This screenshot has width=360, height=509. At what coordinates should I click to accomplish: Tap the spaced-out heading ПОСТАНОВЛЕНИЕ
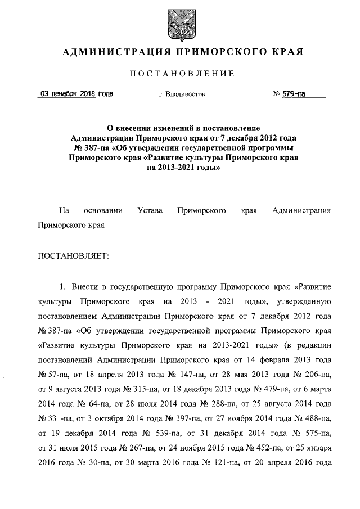179,74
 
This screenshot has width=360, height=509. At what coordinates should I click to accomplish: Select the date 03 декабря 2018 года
75,94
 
